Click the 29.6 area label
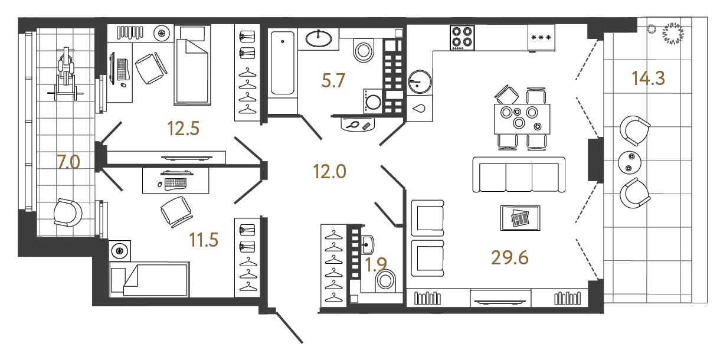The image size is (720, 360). pyautogui.click(x=509, y=257)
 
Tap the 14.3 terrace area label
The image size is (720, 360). pyautogui.click(x=648, y=78)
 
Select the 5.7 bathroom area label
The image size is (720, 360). pyautogui.click(x=332, y=81)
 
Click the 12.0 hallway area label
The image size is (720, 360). pyautogui.click(x=329, y=172)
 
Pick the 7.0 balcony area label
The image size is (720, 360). pyautogui.click(x=68, y=161)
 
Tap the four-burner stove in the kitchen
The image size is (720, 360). pyautogui.click(x=462, y=37)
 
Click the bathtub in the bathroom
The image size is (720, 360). pyautogui.click(x=283, y=63)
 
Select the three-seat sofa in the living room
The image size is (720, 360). pyautogui.click(x=519, y=175)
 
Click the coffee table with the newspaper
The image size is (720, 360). pyautogui.click(x=520, y=218)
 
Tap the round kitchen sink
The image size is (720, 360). pyautogui.click(x=420, y=81)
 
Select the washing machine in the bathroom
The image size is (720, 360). pyautogui.click(x=374, y=100)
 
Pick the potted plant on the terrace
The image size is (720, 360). pyautogui.click(x=672, y=34)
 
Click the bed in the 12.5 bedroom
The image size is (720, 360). pyautogui.click(x=194, y=65)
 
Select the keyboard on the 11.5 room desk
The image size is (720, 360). pyautogui.click(x=176, y=183)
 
